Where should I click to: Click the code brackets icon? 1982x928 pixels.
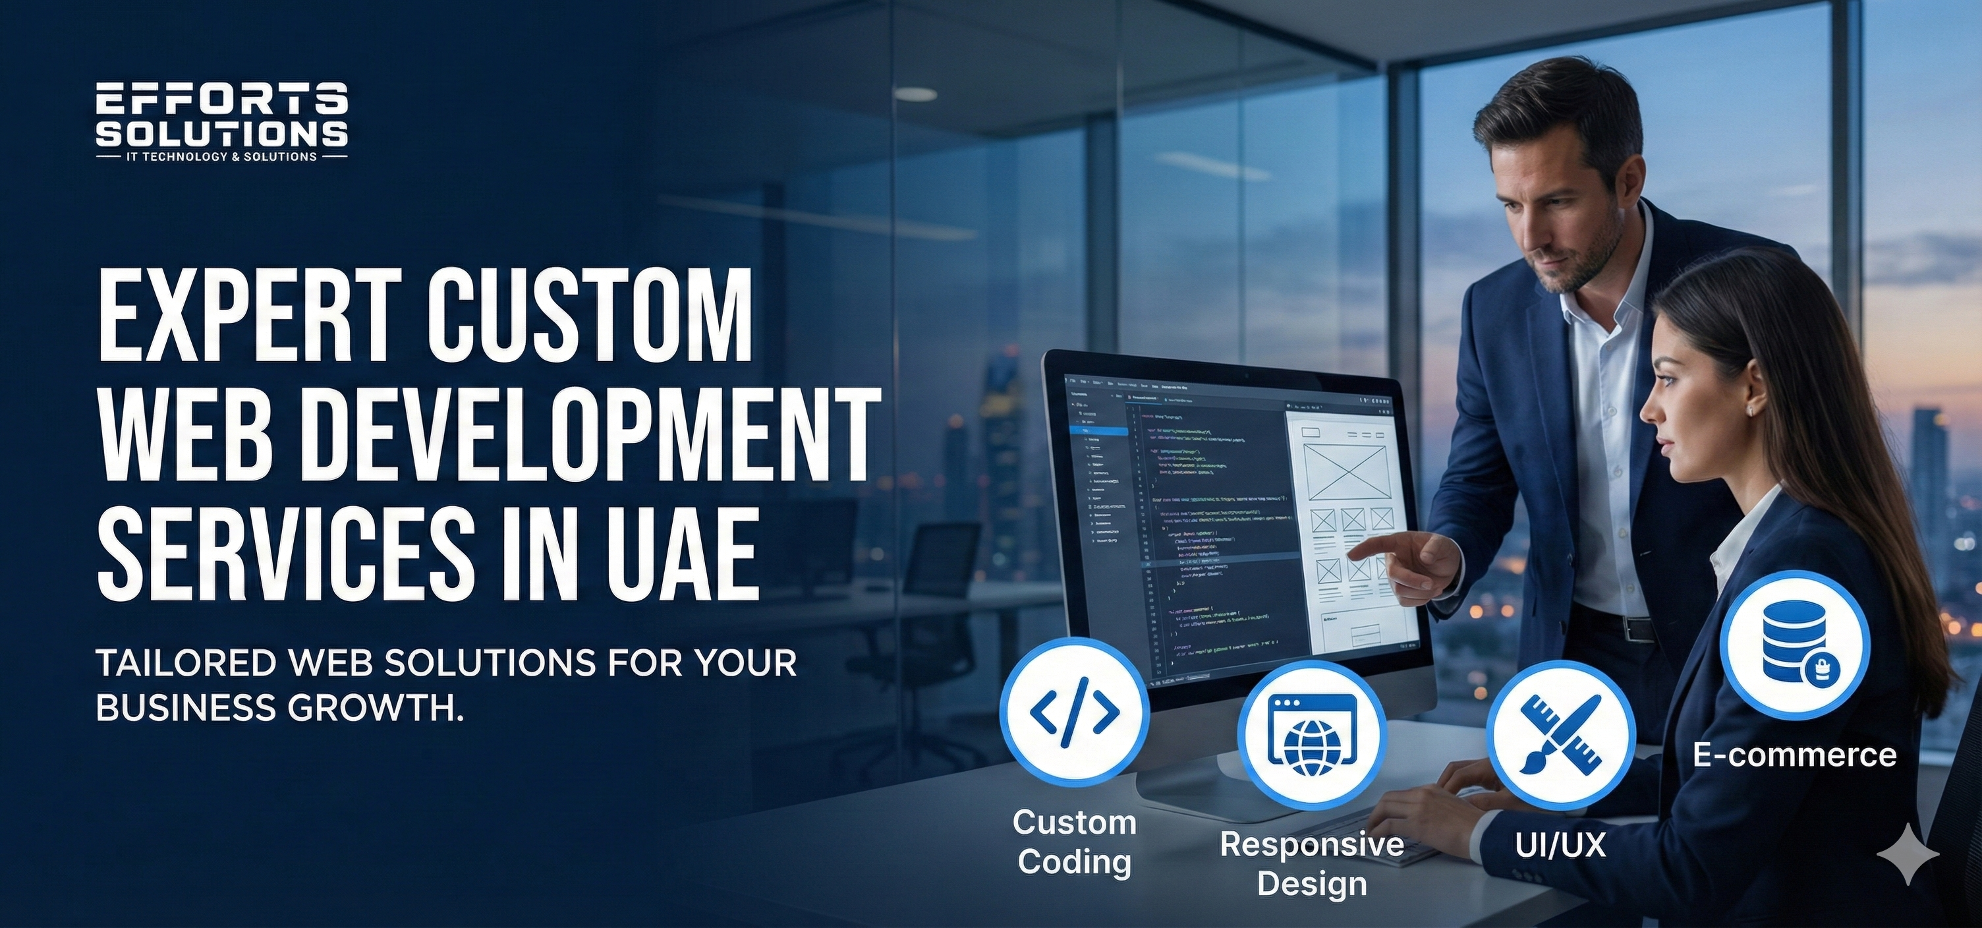click(x=1074, y=712)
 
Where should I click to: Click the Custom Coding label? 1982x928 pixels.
click(x=1074, y=842)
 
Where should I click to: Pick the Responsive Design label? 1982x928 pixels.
click(x=1312, y=863)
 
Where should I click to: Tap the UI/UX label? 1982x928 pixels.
click(x=1560, y=845)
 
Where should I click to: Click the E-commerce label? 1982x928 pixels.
click(x=1794, y=754)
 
